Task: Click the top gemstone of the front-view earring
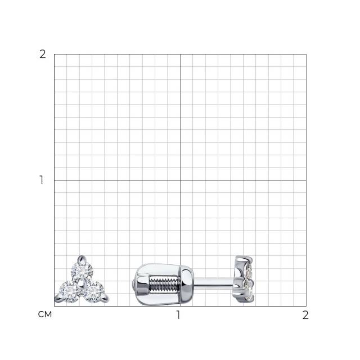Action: tap(82, 271)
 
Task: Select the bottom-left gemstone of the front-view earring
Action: tap(69, 292)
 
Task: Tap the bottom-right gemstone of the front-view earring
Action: tap(93, 292)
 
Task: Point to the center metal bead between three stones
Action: tap(80, 284)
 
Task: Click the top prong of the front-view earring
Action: tap(81, 259)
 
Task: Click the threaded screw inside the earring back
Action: tap(165, 285)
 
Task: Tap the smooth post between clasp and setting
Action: tap(214, 282)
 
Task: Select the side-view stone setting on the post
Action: tap(244, 279)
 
